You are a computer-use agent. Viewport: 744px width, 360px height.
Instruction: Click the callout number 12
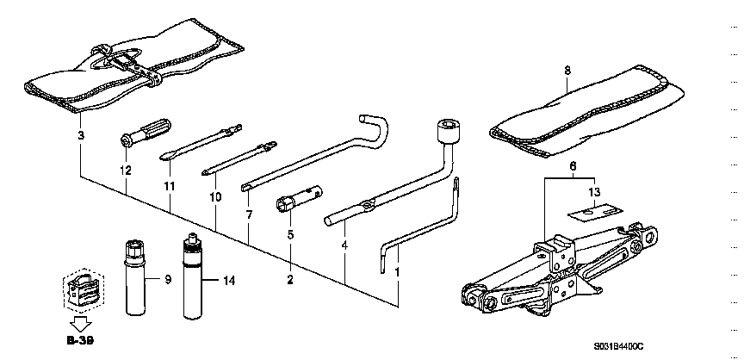[125, 170]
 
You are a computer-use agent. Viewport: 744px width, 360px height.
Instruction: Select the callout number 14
[228, 281]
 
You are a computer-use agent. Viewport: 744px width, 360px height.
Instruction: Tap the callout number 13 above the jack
[594, 192]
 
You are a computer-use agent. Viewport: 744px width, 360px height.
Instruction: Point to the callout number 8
[568, 71]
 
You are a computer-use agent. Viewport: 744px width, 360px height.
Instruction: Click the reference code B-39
[81, 340]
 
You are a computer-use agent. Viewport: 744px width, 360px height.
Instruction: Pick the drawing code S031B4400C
[618, 347]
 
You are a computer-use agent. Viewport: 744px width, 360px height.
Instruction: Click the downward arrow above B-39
[80, 326]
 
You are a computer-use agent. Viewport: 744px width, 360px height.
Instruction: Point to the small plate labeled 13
[597, 212]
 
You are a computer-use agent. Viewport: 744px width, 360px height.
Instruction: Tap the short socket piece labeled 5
[299, 199]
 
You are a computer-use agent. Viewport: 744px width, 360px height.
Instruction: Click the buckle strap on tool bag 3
[128, 64]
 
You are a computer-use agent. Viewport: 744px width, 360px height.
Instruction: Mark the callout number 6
[573, 166]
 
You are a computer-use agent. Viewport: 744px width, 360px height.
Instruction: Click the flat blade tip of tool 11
[165, 157]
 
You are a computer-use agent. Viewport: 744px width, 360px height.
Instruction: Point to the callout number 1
[397, 273]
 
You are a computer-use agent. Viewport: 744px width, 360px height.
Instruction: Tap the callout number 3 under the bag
[81, 135]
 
